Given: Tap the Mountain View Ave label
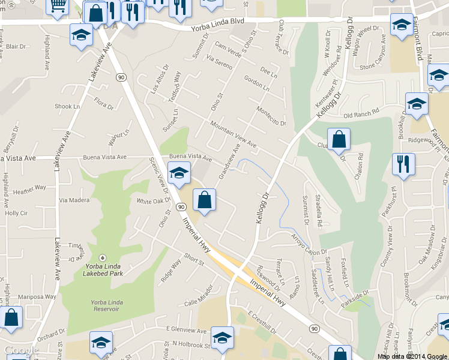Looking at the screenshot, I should point(234,135).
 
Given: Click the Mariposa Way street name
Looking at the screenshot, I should point(37,296).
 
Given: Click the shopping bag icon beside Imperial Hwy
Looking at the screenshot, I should point(205,200).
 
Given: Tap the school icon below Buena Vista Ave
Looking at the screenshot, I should point(178,174).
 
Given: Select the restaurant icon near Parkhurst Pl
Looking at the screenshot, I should point(403,164).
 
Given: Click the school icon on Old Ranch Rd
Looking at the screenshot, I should point(417,104).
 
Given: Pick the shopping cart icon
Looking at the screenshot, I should point(58,7).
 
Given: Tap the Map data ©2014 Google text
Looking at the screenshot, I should point(412,356).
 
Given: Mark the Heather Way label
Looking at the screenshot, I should point(29,188).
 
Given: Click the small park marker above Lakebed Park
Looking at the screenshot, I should point(101,257).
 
